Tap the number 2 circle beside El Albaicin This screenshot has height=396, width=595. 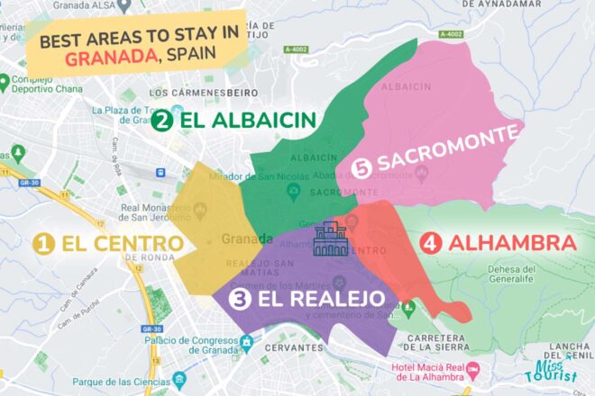[162, 120]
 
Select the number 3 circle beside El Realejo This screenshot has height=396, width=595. [240, 300]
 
